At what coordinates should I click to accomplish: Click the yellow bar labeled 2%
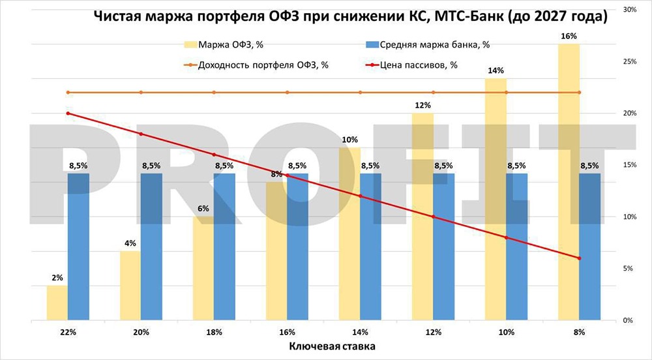tap(57, 303)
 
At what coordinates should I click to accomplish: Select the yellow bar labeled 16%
tap(569, 182)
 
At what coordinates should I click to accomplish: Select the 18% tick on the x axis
tap(214, 332)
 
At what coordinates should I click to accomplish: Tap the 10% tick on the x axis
tap(506, 332)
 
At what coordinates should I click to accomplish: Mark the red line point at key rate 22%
tap(68, 113)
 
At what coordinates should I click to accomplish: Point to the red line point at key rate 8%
tap(579, 258)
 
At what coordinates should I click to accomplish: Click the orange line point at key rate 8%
tap(579, 93)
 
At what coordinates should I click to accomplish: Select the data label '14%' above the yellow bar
tap(496, 70)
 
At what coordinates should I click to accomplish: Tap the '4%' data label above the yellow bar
tap(130, 243)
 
